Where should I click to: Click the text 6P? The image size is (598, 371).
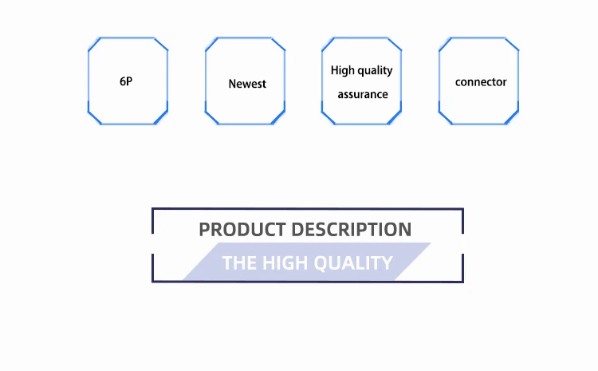(x=126, y=81)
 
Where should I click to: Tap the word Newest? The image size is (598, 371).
(x=247, y=84)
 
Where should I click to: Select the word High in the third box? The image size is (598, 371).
(x=343, y=70)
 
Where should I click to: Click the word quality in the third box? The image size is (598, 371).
(x=375, y=71)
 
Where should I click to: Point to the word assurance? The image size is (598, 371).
(x=363, y=94)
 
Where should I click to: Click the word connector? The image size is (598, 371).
(x=481, y=82)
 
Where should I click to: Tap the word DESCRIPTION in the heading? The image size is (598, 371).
(x=352, y=230)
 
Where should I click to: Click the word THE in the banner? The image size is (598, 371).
(x=238, y=263)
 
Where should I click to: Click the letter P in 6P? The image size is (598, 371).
(x=129, y=81)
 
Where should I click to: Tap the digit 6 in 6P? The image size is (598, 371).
(x=123, y=81)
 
